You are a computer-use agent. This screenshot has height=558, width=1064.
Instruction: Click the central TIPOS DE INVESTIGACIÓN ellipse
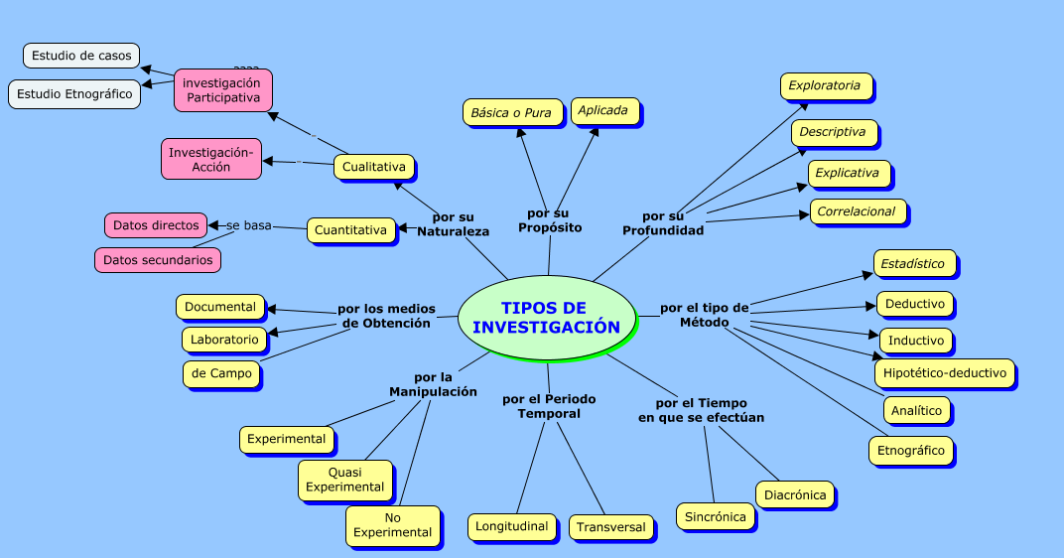point(546,317)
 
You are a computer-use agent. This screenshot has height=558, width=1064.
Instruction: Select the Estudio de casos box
point(81,56)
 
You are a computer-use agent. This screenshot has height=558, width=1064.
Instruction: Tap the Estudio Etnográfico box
point(74,94)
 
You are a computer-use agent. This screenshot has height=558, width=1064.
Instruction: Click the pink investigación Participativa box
point(222,90)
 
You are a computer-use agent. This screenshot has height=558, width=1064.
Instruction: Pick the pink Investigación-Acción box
point(211,159)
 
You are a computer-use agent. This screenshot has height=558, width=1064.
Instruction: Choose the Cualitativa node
point(373,167)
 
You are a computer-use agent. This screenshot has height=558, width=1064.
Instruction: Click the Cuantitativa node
point(350,230)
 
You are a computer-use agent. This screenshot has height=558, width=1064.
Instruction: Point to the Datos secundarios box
point(157,260)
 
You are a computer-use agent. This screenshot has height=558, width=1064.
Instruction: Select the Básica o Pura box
point(510,112)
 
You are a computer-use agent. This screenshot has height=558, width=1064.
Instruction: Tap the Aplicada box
point(603,111)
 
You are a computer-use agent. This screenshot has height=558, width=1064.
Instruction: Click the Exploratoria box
point(825,86)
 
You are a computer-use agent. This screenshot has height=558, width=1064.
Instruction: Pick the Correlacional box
point(856,211)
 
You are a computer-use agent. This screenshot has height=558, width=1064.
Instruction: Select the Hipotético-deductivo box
point(944,373)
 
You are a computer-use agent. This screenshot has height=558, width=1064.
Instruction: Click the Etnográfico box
point(911,451)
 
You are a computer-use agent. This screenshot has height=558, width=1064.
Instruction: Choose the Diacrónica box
point(794,494)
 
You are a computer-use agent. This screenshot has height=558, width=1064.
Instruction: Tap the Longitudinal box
point(511,526)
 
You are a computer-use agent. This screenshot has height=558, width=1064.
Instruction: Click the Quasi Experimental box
point(344,480)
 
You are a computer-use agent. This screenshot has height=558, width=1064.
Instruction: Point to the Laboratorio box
point(224,340)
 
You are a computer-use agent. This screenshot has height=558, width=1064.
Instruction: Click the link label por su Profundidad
point(662,223)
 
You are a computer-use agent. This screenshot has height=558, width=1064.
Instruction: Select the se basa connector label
point(248,225)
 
